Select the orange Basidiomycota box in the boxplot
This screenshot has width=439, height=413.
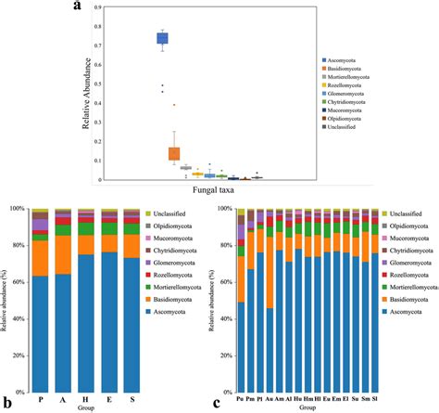[x=173, y=153]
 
